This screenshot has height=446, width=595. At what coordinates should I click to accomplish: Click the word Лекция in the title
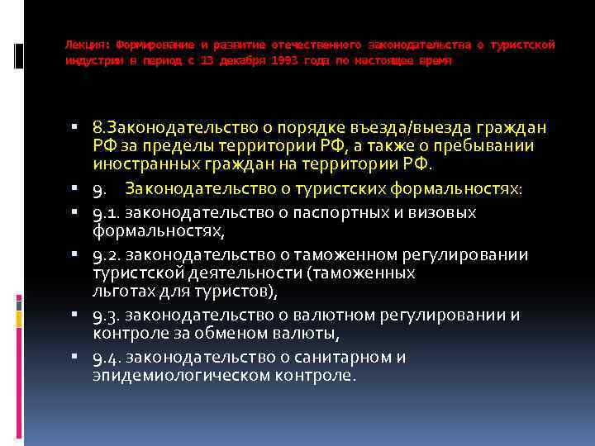(x=84, y=44)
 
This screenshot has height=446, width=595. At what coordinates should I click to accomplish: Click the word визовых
(x=445, y=213)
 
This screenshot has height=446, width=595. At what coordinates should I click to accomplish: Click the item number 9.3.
(x=107, y=316)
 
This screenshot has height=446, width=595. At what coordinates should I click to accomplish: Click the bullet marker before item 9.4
(x=75, y=358)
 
